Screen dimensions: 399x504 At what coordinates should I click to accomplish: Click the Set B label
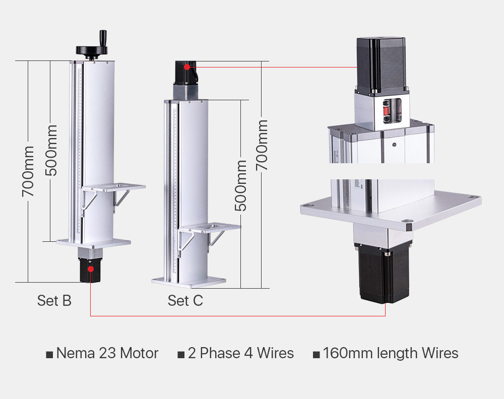[x=54, y=301]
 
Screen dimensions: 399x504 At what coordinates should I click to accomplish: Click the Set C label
[x=185, y=301]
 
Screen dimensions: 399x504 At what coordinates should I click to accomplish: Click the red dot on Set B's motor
[x=91, y=269]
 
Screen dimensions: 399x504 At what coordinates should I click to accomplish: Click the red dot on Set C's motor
[x=187, y=66]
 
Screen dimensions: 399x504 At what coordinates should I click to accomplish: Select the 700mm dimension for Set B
[x=28, y=171]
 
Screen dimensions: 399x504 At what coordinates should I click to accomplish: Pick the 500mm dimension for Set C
[x=241, y=185]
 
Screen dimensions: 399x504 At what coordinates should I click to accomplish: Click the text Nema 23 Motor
[x=107, y=353]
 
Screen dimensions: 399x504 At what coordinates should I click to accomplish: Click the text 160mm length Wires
[x=391, y=353]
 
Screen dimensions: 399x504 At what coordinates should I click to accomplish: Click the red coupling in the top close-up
[x=387, y=110]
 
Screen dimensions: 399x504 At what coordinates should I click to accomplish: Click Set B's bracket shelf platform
[x=113, y=187]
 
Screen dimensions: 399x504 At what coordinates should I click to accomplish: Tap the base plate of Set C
[x=188, y=280]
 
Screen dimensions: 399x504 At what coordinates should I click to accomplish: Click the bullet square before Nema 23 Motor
[x=49, y=355]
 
